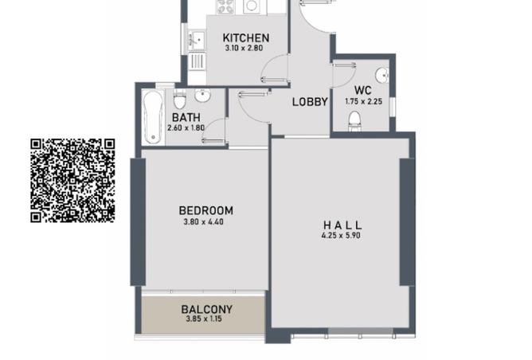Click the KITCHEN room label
click(x=245, y=37)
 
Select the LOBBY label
click(x=310, y=101)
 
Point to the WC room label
click(x=364, y=91)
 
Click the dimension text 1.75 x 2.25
click(x=364, y=101)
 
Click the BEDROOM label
click(x=205, y=211)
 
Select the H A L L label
click(x=342, y=225)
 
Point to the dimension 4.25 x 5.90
click(x=342, y=236)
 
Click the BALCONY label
click(x=206, y=310)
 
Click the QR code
click(x=73, y=180)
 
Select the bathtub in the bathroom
click(x=153, y=118)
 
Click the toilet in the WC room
click(x=355, y=120)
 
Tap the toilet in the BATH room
click(x=180, y=100)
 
